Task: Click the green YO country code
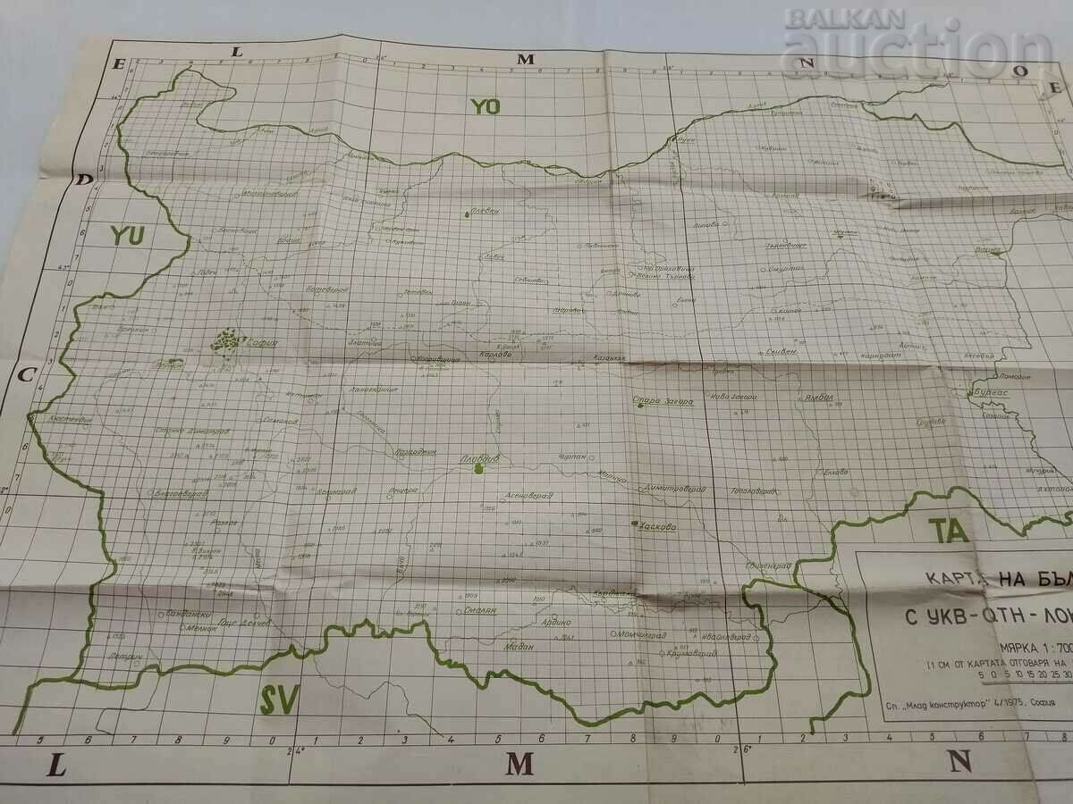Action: point(486,106)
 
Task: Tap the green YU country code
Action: point(127,236)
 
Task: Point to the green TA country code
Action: point(947,530)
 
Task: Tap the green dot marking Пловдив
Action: point(479,468)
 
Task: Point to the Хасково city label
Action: point(659,526)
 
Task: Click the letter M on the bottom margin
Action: point(520,764)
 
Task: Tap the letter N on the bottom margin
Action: point(960,761)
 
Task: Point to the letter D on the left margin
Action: point(86,180)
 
